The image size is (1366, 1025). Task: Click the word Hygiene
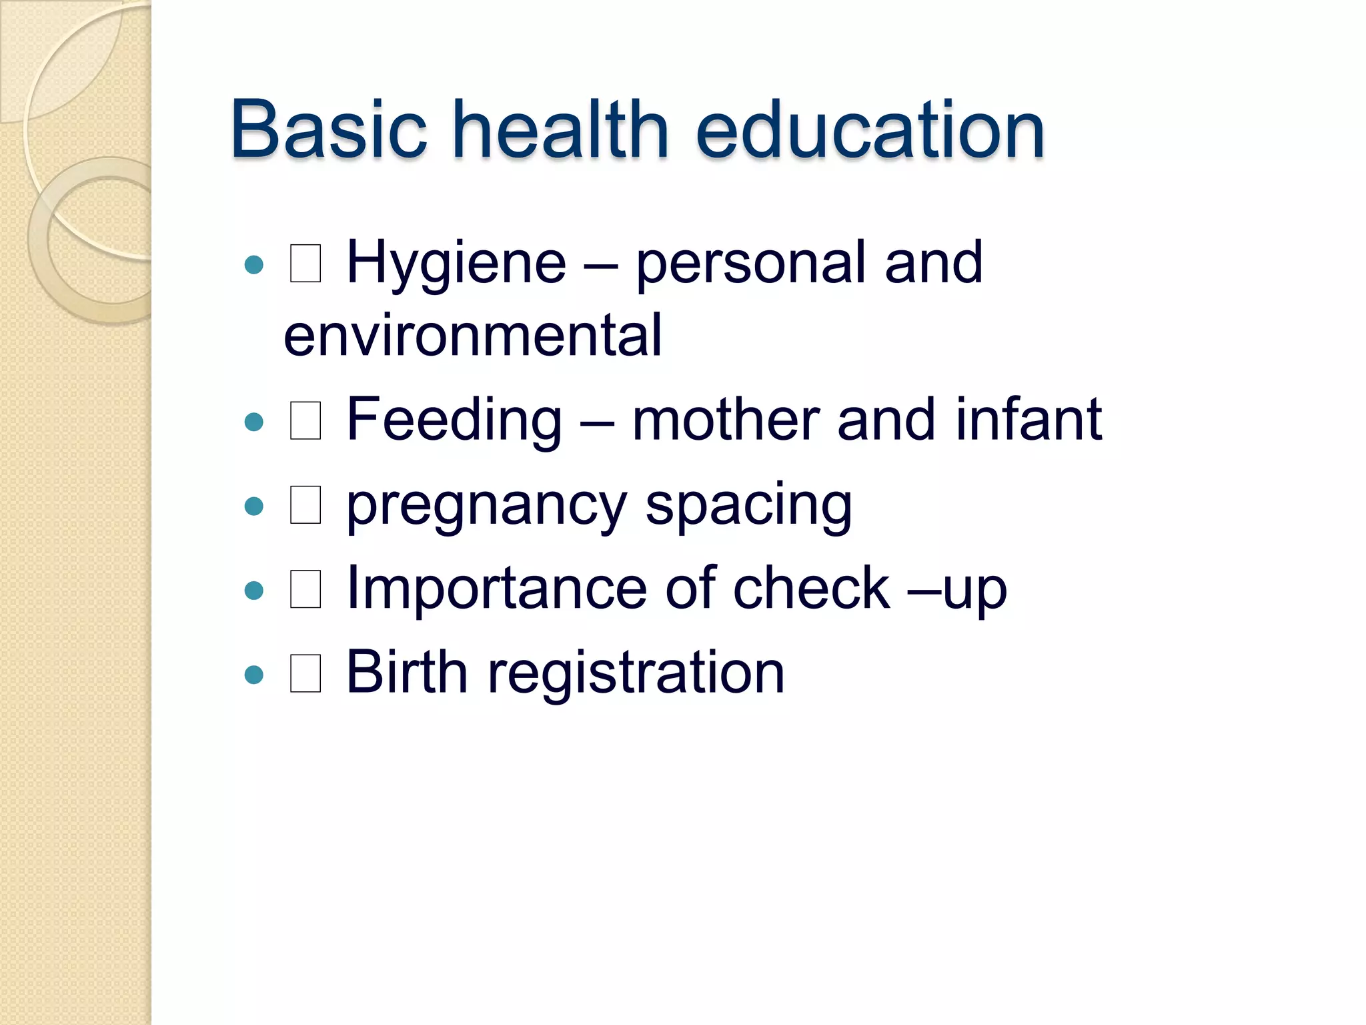pyautogui.click(x=456, y=264)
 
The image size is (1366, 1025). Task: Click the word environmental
pyautogui.click(x=473, y=335)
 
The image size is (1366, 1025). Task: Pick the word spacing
pyautogui.click(x=748, y=506)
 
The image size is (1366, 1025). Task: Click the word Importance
pyautogui.click(x=498, y=589)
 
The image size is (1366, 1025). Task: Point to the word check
pyautogui.click(x=811, y=589)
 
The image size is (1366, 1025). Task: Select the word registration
pyautogui.click(x=636, y=673)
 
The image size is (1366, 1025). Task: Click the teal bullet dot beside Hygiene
pyautogui.click(x=254, y=266)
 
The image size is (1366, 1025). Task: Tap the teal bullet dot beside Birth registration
pyautogui.click(x=254, y=675)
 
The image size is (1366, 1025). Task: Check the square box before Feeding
pyautogui.click(x=305, y=421)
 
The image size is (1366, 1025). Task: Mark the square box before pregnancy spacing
pyautogui.click(x=305, y=505)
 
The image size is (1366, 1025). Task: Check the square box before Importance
pyautogui.click(x=305, y=589)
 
